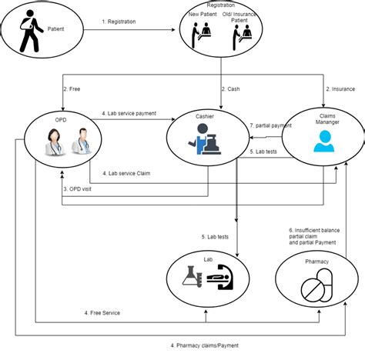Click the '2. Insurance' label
click(338, 90)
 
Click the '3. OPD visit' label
click(81, 188)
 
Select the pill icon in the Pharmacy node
click(316, 290)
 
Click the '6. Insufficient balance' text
click(315, 231)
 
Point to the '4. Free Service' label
click(102, 312)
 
